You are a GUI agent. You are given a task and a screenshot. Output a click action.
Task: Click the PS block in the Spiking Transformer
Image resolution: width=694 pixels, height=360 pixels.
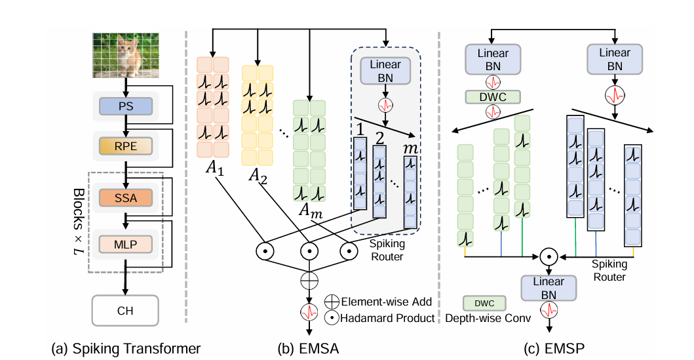[x=125, y=106]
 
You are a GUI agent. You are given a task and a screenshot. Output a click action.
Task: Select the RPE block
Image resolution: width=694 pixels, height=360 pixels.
[x=125, y=146]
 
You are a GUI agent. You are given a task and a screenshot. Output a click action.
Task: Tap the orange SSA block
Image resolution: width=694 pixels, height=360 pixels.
[x=125, y=197]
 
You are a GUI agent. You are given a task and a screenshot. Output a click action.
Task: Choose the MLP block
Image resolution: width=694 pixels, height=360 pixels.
[x=125, y=245]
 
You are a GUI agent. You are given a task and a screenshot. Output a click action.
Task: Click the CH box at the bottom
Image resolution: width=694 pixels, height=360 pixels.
[x=125, y=310]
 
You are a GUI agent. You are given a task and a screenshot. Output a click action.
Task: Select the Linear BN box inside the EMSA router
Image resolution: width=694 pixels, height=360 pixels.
[x=385, y=71]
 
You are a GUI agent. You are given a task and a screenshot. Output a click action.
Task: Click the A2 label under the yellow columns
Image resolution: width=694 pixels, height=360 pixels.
[x=258, y=175]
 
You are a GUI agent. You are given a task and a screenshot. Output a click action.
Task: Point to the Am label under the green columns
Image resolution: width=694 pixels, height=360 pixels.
[x=308, y=209]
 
